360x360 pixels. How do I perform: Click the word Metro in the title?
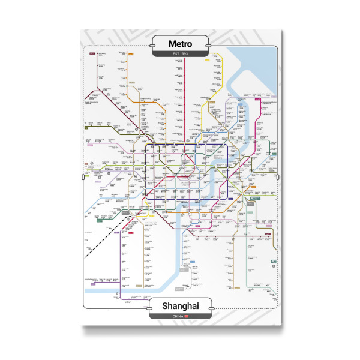[180, 44]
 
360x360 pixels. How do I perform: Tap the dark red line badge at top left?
[92, 54]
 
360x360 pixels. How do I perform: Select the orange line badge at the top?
[130, 55]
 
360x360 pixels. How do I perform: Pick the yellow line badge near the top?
[206, 59]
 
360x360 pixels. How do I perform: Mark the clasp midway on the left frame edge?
[82, 177]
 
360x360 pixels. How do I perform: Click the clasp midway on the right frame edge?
[280, 177]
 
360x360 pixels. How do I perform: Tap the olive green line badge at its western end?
[86, 128]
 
